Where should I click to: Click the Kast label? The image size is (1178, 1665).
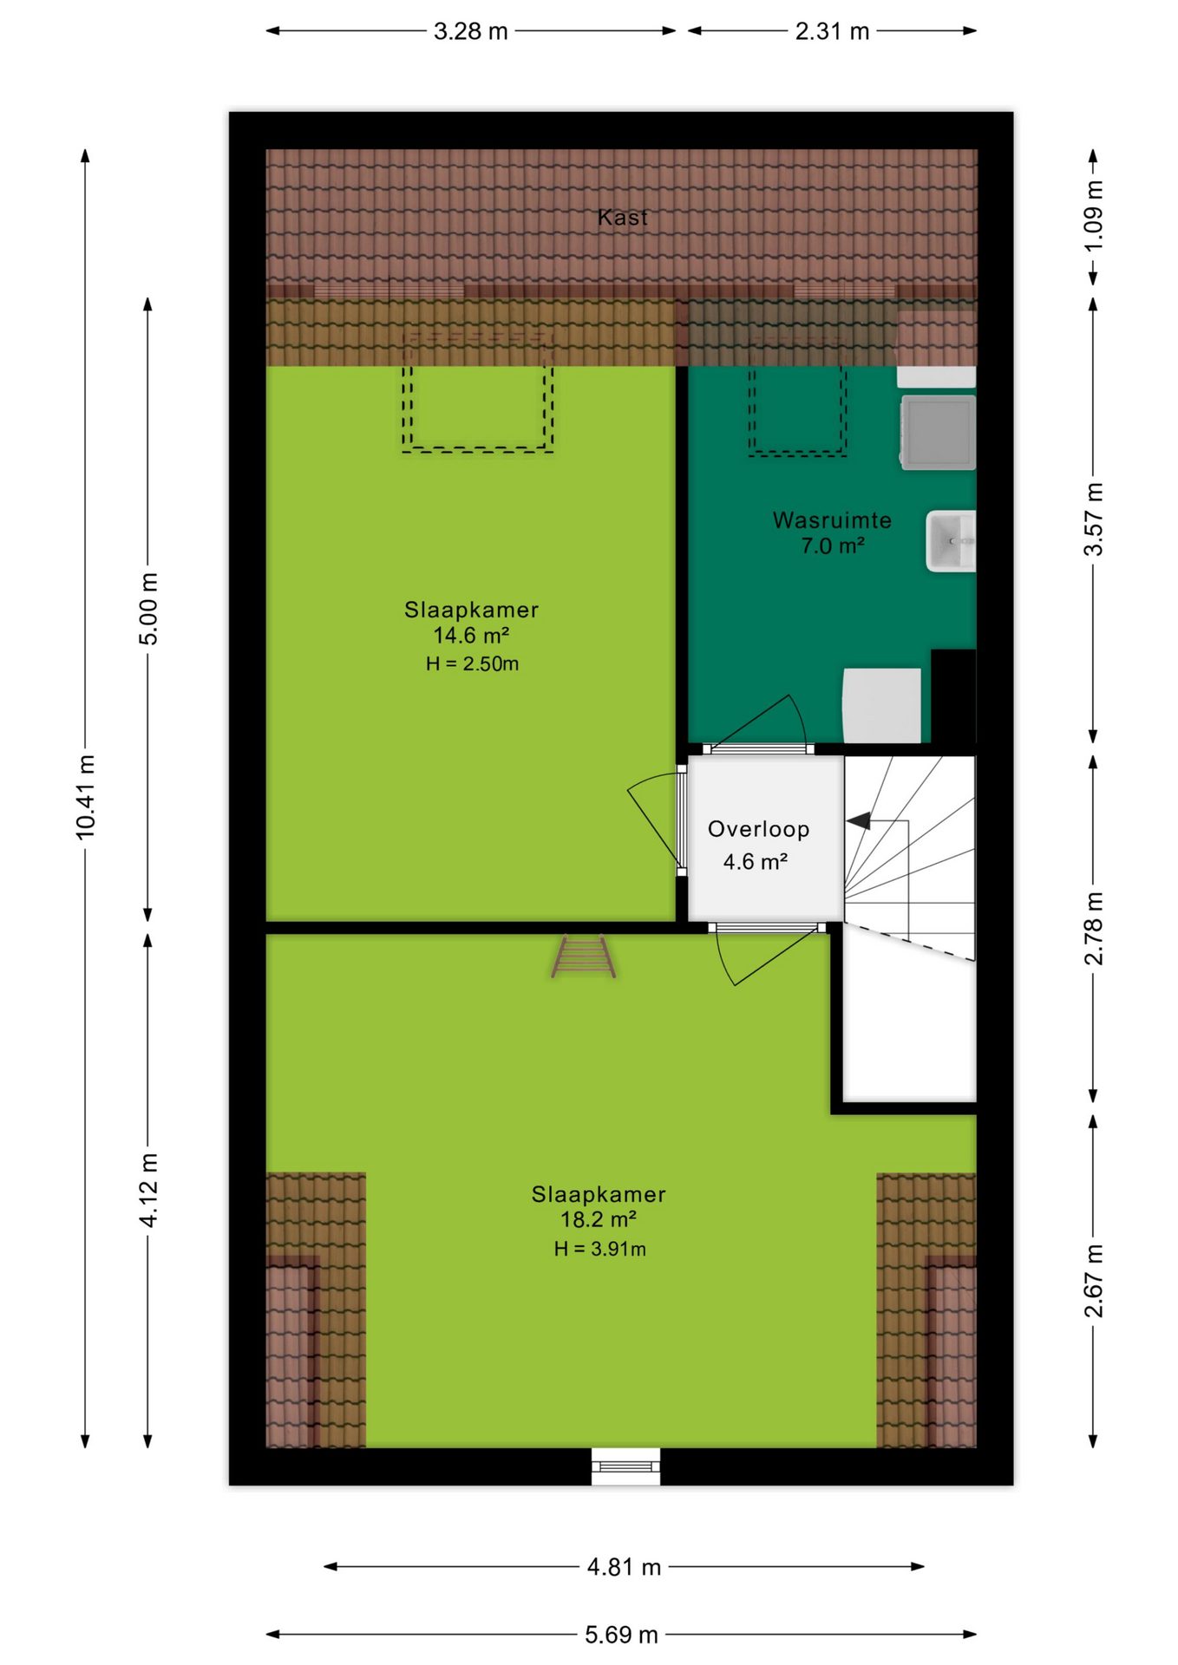click(x=622, y=217)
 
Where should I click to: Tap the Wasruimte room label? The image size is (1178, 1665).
click(x=832, y=520)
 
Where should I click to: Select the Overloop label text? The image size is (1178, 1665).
click(x=758, y=829)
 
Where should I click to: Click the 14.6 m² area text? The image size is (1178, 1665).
click(x=471, y=636)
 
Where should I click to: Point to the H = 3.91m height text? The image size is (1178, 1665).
click(x=599, y=1249)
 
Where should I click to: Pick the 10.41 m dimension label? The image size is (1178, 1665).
click(x=85, y=797)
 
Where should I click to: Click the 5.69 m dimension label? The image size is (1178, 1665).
click(x=621, y=1635)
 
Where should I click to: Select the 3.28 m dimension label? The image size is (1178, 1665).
click(x=470, y=31)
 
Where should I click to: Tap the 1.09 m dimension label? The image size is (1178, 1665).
click(x=1094, y=217)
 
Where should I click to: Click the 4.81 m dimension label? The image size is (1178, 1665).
click(x=624, y=1567)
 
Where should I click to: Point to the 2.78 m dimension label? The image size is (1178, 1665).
click(x=1094, y=929)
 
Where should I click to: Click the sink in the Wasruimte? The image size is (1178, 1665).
click(x=951, y=541)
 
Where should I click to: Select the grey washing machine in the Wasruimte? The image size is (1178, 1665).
click(x=939, y=432)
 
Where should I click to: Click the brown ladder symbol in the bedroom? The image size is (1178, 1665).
click(x=583, y=957)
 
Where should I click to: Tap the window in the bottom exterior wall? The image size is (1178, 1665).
click(x=625, y=1466)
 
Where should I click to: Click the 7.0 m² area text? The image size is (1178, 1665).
click(x=832, y=546)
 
